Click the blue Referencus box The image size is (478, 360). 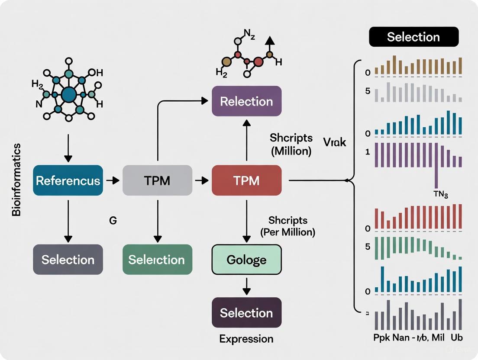click(x=68, y=180)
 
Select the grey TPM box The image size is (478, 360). click(x=158, y=180)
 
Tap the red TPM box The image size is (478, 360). click(x=246, y=180)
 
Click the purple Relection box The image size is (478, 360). click(x=246, y=101)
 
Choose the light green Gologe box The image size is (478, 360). click(x=246, y=260)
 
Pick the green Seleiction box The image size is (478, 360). click(x=157, y=260)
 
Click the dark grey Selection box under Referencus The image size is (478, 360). click(x=68, y=260)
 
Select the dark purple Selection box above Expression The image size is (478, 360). click(x=246, y=313)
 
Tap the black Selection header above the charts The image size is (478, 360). click(x=413, y=37)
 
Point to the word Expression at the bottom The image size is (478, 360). click(x=246, y=338)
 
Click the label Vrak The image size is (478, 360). click(x=335, y=141)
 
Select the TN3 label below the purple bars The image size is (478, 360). click(x=440, y=194)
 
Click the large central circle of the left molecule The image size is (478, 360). click(x=68, y=95)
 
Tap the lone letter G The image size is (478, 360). click(x=113, y=220)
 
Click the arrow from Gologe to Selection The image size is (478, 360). click(x=246, y=286)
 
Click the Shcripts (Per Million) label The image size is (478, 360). click(x=287, y=226)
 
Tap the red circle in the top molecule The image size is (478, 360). click(x=258, y=62)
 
